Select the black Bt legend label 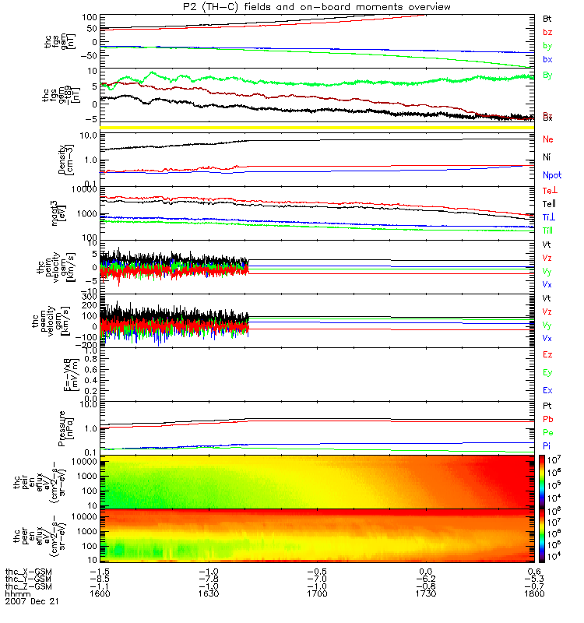pyautogui.click(x=547, y=17)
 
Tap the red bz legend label pyautogui.click(x=547, y=32)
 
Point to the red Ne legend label pyautogui.click(x=547, y=139)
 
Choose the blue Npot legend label pyautogui.click(x=552, y=177)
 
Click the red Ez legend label pyautogui.click(x=547, y=354)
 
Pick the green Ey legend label pyautogui.click(x=547, y=372)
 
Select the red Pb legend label pyautogui.click(x=547, y=420)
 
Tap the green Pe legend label pyautogui.click(x=547, y=432)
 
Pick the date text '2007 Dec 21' pyautogui.click(x=32, y=602)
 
